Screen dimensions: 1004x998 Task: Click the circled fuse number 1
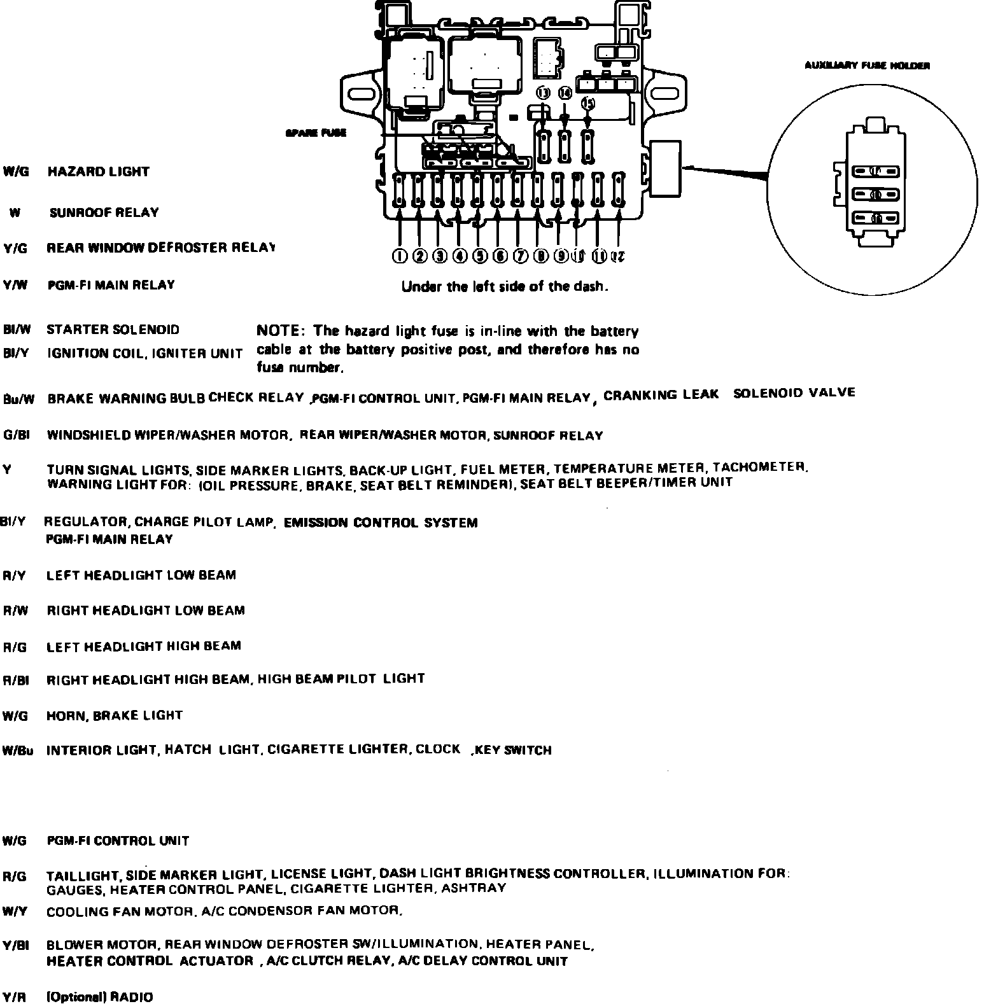tap(399, 256)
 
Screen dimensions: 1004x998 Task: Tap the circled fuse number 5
tap(480, 256)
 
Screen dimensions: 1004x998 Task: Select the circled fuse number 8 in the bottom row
tap(541, 256)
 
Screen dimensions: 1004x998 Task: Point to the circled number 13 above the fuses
tap(543, 93)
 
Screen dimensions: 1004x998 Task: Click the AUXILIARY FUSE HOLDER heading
tap(867, 66)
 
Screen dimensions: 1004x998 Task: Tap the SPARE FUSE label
tap(316, 133)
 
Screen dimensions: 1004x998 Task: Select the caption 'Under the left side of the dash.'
tap(505, 287)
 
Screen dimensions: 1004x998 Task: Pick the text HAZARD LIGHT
tap(98, 172)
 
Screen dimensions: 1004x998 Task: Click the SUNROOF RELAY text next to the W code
tap(104, 213)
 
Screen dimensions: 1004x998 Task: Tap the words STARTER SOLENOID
tap(113, 330)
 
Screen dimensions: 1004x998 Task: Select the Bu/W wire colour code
tap(18, 400)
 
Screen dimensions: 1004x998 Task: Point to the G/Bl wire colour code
tap(17, 436)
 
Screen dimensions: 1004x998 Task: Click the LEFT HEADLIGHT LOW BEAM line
tap(141, 575)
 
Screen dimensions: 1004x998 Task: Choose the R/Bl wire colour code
tap(17, 680)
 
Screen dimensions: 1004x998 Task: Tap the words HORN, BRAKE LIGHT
tap(114, 715)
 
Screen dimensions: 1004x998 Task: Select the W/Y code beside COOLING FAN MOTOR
tap(15, 911)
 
